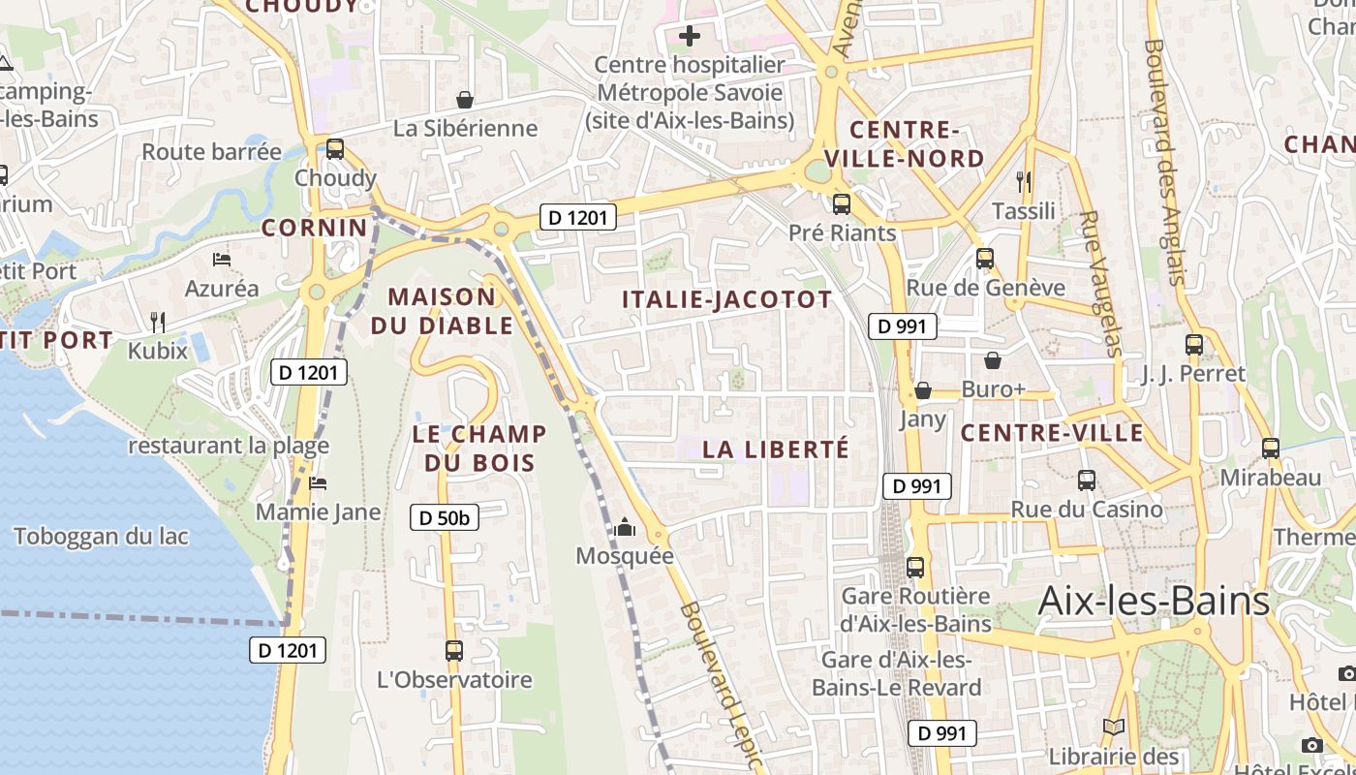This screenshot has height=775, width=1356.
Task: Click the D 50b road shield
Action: pyautogui.click(x=445, y=518)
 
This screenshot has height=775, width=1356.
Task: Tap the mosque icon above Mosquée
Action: pyautogui.click(x=625, y=527)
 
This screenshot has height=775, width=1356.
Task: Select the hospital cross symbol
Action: pyautogui.click(x=690, y=37)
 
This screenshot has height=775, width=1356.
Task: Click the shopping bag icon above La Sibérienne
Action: pyautogui.click(x=465, y=99)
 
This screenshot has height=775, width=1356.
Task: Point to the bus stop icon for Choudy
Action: pyautogui.click(x=335, y=149)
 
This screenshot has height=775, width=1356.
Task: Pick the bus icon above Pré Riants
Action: pyautogui.click(x=842, y=204)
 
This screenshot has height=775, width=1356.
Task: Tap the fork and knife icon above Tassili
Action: pyautogui.click(x=1024, y=181)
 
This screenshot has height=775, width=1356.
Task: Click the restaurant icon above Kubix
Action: pyautogui.click(x=158, y=322)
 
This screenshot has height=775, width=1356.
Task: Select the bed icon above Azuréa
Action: pyautogui.click(x=222, y=260)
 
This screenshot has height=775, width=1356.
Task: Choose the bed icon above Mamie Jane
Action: pyautogui.click(x=318, y=482)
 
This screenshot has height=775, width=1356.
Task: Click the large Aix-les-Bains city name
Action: pyautogui.click(x=1154, y=601)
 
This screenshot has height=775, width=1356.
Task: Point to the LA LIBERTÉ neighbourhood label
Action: pyautogui.click(x=776, y=449)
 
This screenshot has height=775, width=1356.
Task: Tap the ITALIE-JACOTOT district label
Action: pyautogui.click(x=727, y=299)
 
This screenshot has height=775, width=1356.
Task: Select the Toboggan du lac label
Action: pyautogui.click(x=101, y=536)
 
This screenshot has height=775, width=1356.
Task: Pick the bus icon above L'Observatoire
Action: pyautogui.click(x=453, y=651)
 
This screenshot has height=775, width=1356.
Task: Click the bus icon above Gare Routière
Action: pyautogui.click(x=915, y=568)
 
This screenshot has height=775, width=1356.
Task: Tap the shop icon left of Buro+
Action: pyautogui.click(x=993, y=361)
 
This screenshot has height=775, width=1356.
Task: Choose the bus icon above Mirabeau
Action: pyautogui.click(x=1271, y=449)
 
